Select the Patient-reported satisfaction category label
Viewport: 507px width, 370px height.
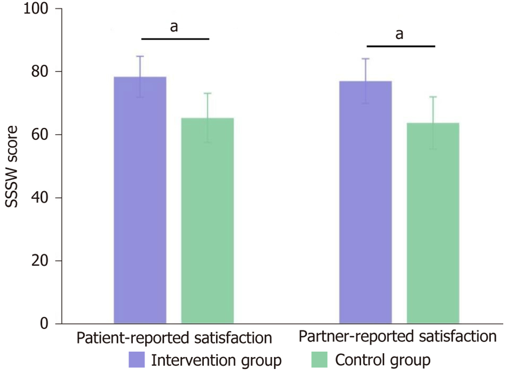[x=174, y=338]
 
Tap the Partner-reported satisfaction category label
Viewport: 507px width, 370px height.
[x=397, y=337]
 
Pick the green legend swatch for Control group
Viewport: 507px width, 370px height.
[x=320, y=360]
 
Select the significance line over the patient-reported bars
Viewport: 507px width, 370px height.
[x=175, y=39]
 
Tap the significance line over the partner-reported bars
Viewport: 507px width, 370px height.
[x=401, y=46]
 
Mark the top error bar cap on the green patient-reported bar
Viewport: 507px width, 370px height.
[x=207, y=93]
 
